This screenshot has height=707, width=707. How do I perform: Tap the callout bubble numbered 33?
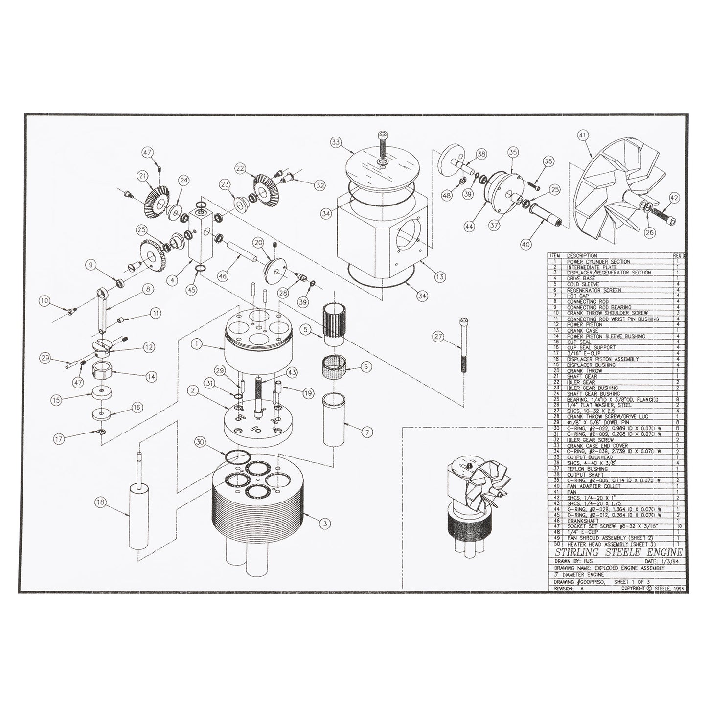pos(335,143)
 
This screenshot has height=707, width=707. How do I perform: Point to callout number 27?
pos(438,336)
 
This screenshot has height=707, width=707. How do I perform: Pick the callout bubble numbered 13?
pos(440,276)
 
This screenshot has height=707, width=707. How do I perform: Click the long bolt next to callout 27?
pos(462,345)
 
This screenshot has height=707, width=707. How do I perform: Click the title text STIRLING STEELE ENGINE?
pos(615,553)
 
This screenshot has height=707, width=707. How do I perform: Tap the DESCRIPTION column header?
pos(582,256)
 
